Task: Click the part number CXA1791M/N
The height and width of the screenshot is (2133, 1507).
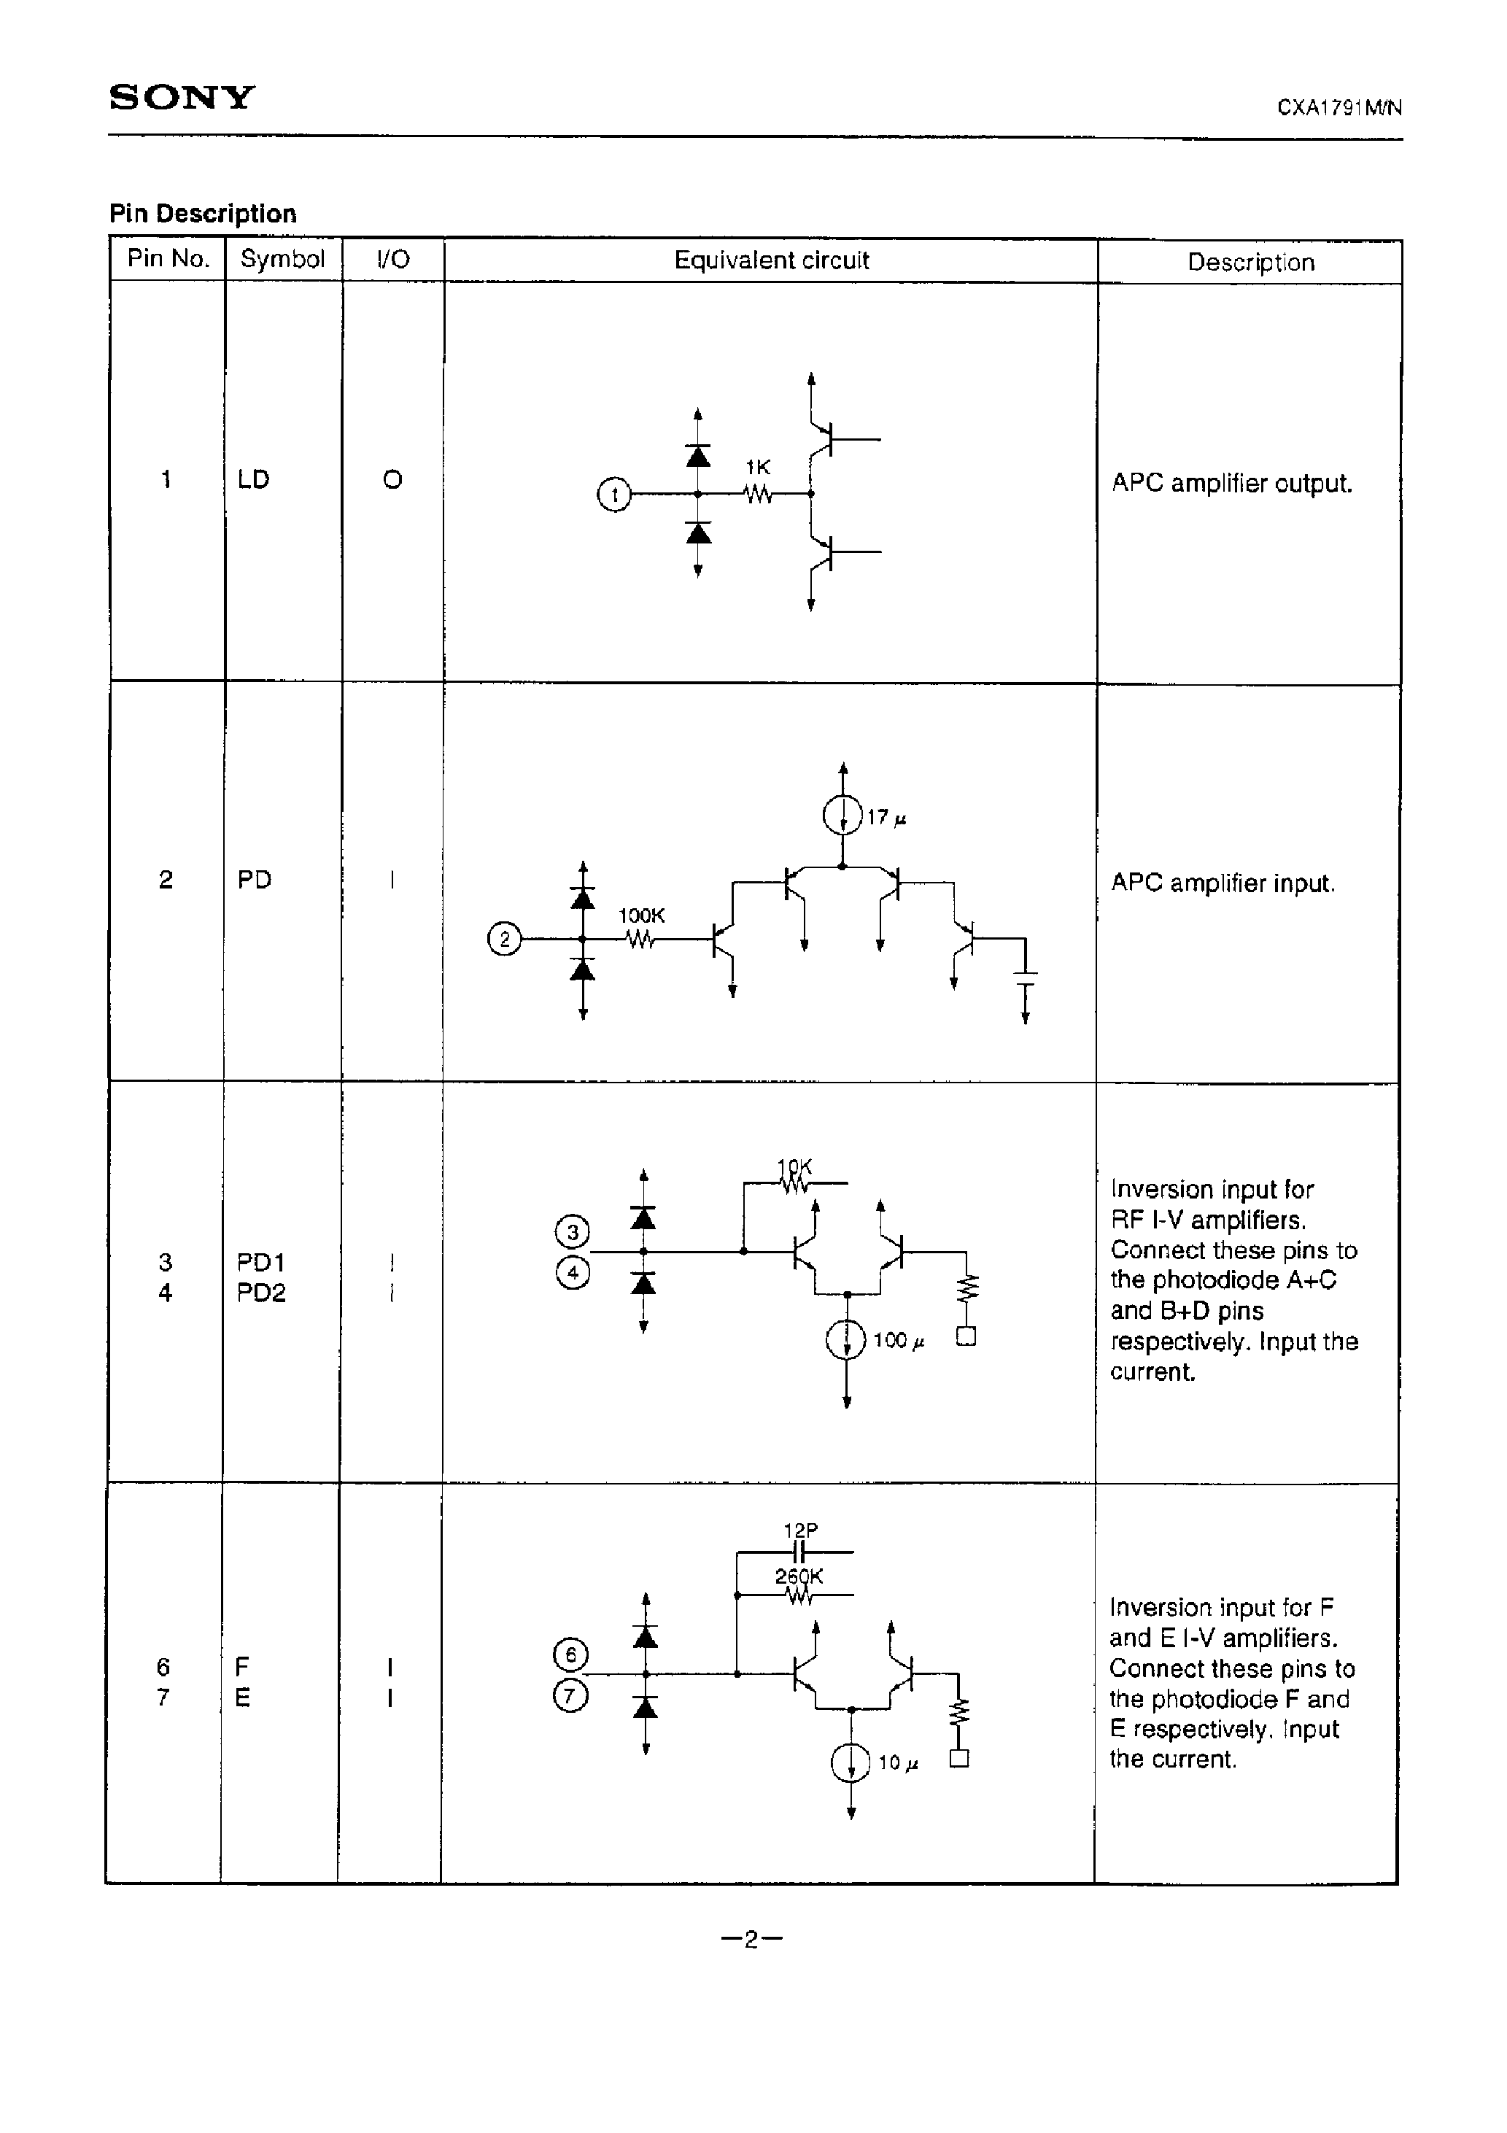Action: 1339,108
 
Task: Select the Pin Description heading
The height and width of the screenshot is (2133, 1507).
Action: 203,214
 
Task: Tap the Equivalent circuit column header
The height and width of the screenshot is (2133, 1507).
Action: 771,260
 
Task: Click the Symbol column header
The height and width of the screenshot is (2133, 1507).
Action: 282,258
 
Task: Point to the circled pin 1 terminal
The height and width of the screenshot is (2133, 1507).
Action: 613,495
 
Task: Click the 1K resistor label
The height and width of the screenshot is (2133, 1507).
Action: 758,468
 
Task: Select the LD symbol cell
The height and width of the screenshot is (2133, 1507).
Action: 254,479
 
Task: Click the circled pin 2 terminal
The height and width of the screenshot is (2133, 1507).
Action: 505,940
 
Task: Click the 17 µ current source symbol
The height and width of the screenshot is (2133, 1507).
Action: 842,816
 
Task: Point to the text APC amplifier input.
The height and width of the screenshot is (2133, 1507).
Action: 1223,883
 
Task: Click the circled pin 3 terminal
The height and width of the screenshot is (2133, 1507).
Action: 573,1233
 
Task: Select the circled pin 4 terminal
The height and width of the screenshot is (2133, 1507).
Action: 573,1273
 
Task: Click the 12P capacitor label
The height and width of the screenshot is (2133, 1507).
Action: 800,1530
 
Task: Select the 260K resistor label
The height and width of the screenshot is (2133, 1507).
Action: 799,1576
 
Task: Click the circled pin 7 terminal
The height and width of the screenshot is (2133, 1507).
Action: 570,1696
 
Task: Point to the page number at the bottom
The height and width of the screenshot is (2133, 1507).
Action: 751,1939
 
